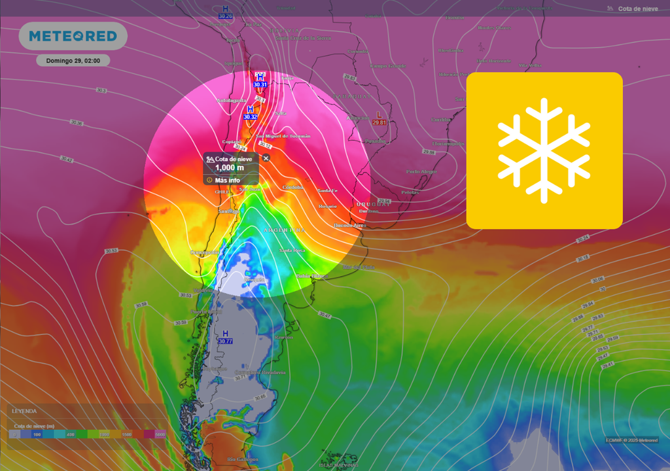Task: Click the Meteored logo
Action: [x=73, y=36]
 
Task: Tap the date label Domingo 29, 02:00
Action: [x=73, y=61]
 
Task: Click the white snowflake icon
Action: [x=544, y=150]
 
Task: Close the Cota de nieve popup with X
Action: [x=266, y=158]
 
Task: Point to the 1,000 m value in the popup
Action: [x=230, y=168]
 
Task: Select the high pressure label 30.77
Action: [x=225, y=341]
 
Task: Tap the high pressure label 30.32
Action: [x=250, y=117]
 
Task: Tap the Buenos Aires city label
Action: [x=350, y=226]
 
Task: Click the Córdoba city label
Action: [x=292, y=187]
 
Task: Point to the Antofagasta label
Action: [x=232, y=101]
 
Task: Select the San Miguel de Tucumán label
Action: [x=283, y=136]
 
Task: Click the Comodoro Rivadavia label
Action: [x=260, y=372]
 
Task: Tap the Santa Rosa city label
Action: [x=292, y=251]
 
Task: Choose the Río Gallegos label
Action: [x=240, y=459]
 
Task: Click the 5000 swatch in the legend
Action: [x=160, y=434]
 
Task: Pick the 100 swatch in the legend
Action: [x=37, y=434]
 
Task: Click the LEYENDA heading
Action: [x=24, y=411]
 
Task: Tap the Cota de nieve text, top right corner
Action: [x=637, y=9]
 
